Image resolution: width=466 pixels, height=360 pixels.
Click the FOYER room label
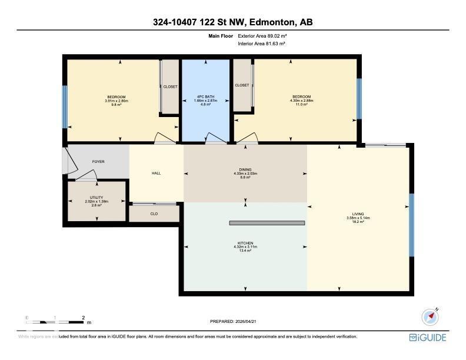coord(98,161)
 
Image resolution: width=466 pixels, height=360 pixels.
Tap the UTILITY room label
coord(96,198)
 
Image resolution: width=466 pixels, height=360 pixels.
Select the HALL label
coord(156,173)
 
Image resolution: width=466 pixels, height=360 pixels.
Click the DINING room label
coord(245,170)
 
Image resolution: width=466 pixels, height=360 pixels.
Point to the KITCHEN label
coord(245,243)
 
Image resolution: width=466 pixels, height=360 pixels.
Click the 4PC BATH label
coord(206,96)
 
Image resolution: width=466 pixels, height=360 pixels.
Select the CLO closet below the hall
coord(154,214)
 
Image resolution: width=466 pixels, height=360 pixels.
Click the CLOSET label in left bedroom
coord(170,86)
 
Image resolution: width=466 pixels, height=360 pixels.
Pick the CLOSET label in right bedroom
coord(242,85)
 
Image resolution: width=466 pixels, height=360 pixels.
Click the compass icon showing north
coord(431,316)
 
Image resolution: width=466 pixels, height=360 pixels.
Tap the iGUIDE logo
coord(428,338)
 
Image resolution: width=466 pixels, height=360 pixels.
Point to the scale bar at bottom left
coord(56,321)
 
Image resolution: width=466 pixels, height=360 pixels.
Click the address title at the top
coord(232,22)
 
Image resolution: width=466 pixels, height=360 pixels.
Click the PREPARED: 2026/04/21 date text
coord(234,321)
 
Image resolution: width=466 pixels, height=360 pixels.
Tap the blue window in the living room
coord(412,225)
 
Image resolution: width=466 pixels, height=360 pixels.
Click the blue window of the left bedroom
coord(65,106)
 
